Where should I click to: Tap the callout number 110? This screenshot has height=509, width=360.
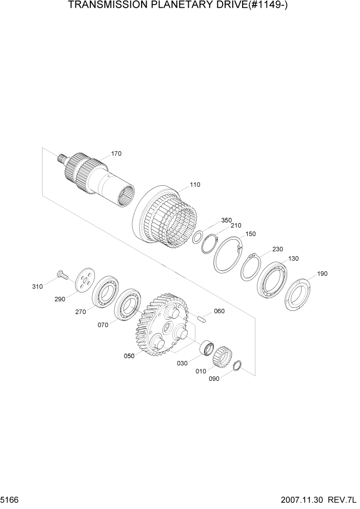[195, 184]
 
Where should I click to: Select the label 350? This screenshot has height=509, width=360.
[226, 220]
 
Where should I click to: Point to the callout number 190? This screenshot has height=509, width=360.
[322, 273]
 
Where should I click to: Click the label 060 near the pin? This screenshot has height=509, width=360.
[219, 311]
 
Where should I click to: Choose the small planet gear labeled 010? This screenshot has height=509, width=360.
[223, 355]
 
